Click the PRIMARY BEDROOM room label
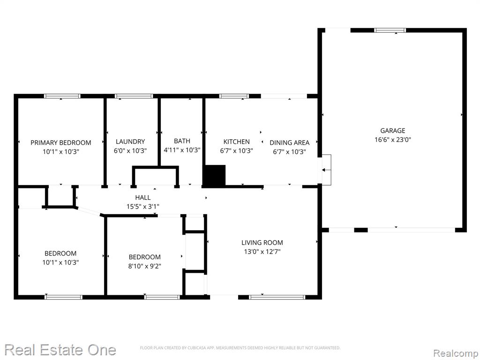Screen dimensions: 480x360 60,142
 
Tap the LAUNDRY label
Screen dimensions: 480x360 130,142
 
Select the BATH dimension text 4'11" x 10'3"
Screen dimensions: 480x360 182,150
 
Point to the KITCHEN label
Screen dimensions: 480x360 236,142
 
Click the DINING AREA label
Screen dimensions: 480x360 289,142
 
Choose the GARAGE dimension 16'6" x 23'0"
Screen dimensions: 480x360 392,140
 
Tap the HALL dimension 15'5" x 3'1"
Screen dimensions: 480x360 142,207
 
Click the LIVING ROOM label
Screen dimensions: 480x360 262,243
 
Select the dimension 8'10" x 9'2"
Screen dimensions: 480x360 144,266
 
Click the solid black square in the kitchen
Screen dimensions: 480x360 215,175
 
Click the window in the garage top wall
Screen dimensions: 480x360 390,30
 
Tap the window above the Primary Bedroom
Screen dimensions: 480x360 62,96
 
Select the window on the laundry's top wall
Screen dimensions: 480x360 134,96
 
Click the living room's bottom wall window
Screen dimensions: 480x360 277,297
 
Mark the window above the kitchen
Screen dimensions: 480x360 234,96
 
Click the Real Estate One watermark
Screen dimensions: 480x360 60,350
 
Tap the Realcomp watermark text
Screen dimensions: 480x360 456,353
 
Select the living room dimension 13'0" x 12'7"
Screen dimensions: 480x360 262,252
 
